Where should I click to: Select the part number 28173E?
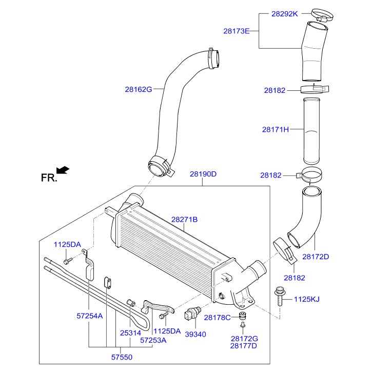(236, 31)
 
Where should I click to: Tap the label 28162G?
(139, 89)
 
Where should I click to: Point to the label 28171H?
(276, 130)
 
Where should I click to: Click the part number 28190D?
(203, 174)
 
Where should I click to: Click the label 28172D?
(330, 256)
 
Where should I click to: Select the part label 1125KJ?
(307, 298)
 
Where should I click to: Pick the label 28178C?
(218, 318)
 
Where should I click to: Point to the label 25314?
(130, 332)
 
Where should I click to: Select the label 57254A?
(90, 316)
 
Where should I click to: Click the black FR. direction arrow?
(63, 169)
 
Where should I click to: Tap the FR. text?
(48, 178)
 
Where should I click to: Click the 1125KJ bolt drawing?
(280, 297)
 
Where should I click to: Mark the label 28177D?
(244, 346)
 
